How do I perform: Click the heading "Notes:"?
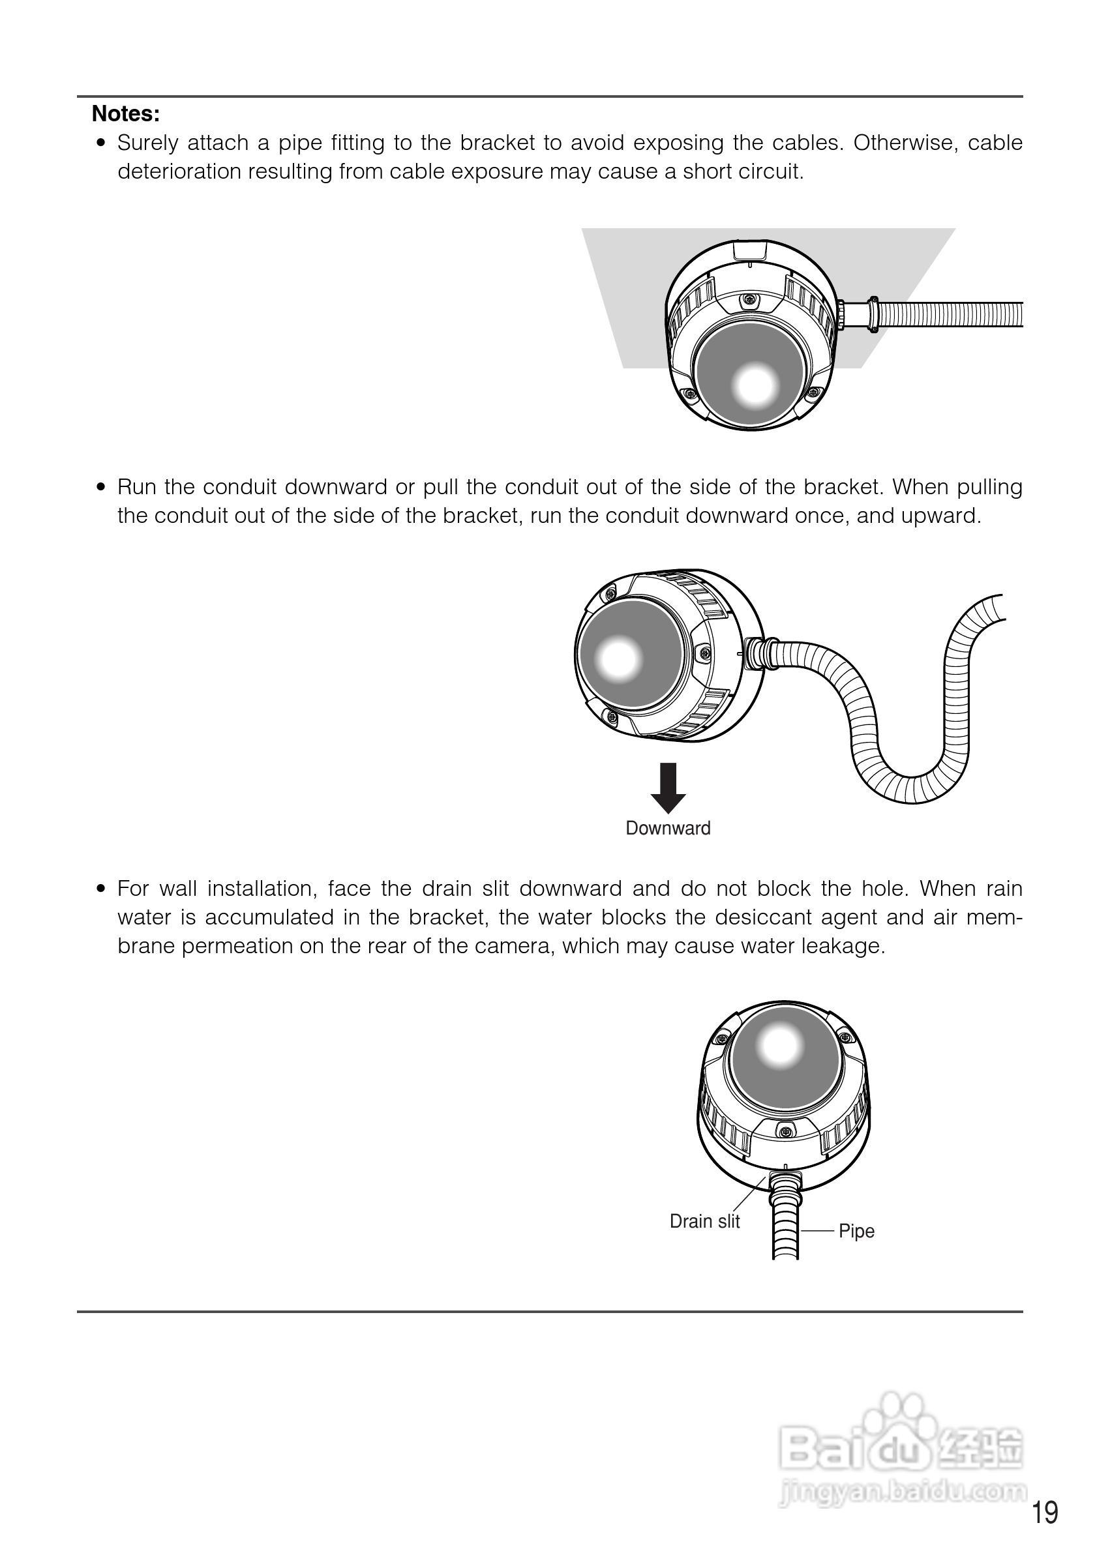[x=126, y=113]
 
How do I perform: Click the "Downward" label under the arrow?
[x=667, y=829]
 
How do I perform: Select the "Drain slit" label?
[x=704, y=1222]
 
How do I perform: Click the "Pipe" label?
[x=856, y=1231]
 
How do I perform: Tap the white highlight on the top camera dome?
[x=753, y=384]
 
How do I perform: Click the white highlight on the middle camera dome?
[x=618, y=658]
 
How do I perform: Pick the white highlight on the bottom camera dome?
[x=779, y=1046]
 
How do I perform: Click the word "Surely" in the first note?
[x=147, y=143]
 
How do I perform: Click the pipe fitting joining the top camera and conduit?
[x=856, y=314]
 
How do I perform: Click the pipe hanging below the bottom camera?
[x=786, y=1231]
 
